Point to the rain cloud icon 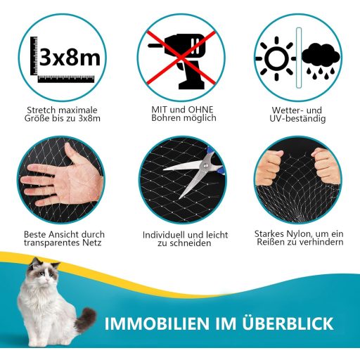[x=321, y=60]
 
